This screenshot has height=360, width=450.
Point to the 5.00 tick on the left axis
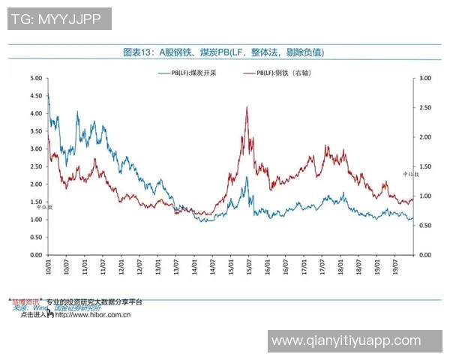[x=35, y=78]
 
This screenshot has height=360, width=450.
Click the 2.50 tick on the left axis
[x=35, y=166]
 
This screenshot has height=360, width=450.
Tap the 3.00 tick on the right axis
[x=425, y=78]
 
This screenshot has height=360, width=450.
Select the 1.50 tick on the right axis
[x=425, y=166]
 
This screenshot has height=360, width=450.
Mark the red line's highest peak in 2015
[x=247, y=107]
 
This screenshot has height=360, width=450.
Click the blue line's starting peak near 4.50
[x=48, y=94]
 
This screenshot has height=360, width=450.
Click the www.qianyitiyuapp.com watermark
[x=346, y=340]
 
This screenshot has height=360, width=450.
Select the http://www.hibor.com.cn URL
[x=93, y=315]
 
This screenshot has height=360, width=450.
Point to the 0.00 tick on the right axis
[x=425, y=255]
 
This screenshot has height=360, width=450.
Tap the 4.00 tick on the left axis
[x=35, y=113]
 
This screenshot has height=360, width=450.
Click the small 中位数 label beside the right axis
[x=421, y=175]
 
